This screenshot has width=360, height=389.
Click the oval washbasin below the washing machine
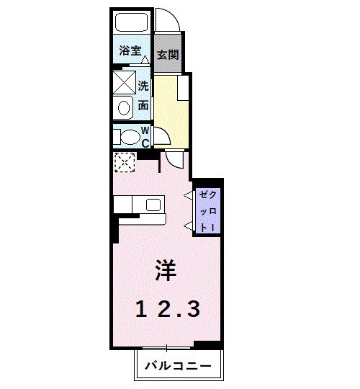coord(124,109)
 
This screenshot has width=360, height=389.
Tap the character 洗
coord(144,84)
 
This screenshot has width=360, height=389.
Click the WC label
coord(145,136)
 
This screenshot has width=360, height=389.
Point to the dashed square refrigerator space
coord(124,162)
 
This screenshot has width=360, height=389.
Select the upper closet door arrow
coord(187,194)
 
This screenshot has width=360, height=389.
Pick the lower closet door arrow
coord(187,226)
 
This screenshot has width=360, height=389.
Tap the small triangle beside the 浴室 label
coord(145,58)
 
